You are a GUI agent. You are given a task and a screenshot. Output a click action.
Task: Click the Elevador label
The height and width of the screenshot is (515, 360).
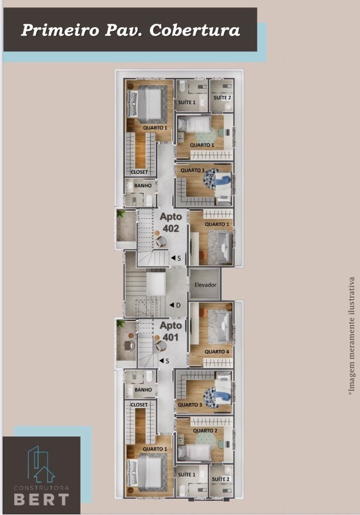click(205, 285)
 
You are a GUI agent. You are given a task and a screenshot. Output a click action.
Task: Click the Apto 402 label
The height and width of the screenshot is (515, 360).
click(170, 223)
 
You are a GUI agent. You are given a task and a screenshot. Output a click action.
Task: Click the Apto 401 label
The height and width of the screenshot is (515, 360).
click(170, 332)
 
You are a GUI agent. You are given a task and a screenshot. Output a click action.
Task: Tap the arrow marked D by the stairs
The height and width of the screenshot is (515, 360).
click(173, 304)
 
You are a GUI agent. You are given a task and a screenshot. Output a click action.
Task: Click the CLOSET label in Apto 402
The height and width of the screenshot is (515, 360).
click(139, 172)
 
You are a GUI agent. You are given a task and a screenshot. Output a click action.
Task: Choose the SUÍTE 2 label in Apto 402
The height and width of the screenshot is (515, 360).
click(222, 97)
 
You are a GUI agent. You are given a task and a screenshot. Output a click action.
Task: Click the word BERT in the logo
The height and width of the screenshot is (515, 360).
click(42, 499)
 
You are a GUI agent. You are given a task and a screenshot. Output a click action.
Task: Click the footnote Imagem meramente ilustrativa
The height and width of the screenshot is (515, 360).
click(352, 335)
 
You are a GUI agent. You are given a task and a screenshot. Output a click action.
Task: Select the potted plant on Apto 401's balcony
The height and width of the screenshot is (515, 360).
click(120, 326)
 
